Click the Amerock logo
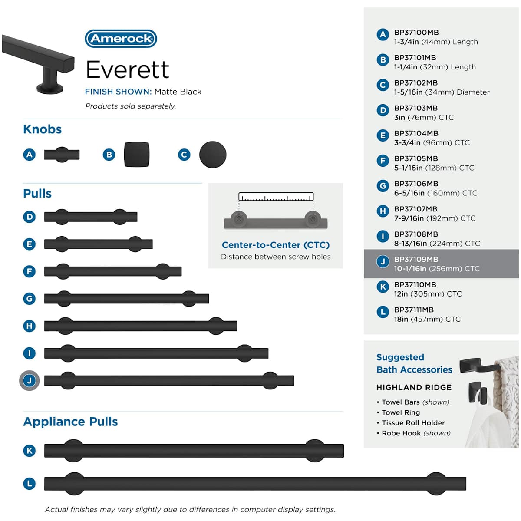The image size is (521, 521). (121, 38)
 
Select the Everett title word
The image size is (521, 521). (127, 69)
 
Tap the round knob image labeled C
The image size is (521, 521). (213, 155)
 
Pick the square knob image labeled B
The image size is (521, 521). (136, 155)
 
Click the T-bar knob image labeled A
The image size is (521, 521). (62, 155)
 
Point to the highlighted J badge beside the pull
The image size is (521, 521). (30, 380)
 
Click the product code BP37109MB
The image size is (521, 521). (416, 259)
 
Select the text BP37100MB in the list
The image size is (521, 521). (416, 33)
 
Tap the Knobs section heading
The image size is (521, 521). (43, 129)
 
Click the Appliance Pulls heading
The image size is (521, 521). (71, 422)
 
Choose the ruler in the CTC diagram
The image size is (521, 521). (276, 197)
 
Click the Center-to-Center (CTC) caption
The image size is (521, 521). (276, 245)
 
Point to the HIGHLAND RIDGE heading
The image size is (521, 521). (414, 387)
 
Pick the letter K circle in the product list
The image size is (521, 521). (383, 287)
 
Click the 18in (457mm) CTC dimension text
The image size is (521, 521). (427, 319)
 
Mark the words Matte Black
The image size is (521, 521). (178, 92)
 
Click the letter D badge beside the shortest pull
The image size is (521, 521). (30, 217)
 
